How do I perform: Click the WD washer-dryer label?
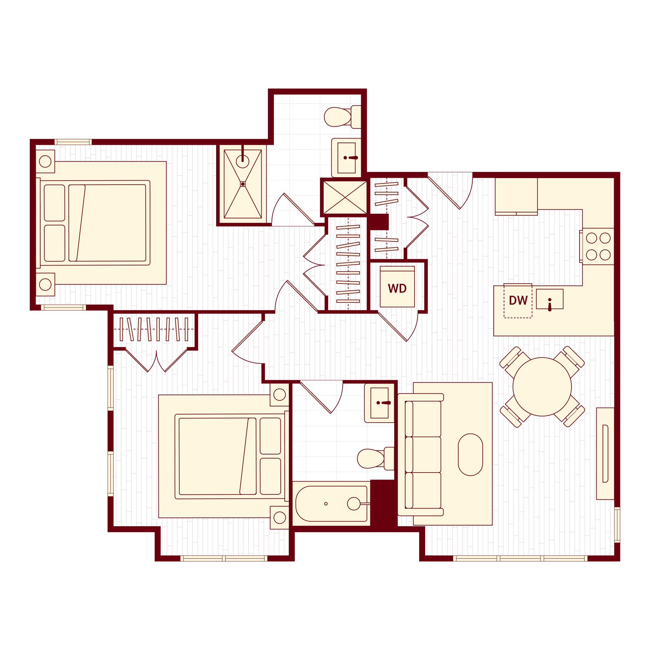397,288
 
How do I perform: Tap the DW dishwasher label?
518,300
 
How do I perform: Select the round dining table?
542,387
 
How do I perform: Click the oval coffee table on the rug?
470,454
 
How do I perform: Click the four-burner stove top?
598,247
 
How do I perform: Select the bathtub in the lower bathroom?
331,504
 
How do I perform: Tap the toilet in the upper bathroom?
338,117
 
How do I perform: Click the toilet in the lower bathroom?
371,458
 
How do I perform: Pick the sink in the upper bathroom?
346,158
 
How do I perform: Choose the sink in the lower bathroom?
379,403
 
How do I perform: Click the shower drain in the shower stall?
243,184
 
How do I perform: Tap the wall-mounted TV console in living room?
605,454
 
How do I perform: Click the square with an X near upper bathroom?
345,197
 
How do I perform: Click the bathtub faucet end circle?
354,504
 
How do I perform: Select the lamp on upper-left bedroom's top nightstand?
45,162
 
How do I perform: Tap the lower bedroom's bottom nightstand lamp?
279,517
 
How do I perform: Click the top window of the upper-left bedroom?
73,142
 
